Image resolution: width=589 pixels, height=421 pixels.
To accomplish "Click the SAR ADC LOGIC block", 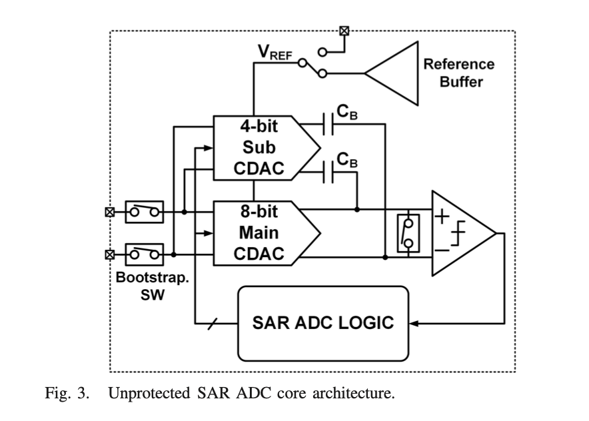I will pyautogui.click(x=322, y=323).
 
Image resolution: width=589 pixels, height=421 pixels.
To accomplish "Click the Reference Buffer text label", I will pyautogui.click(x=459, y=73).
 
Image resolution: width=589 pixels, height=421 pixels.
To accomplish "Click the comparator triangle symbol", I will pyautogui.click(x=460, y=232).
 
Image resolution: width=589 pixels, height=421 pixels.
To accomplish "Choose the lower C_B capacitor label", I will pyautogui.click(x=346, y=160).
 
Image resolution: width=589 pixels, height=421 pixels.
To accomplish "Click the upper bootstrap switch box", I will pyautogui.click(x=145, y=212).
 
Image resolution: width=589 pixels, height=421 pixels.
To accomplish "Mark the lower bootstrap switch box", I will pyautogui.click(x=145, y=254).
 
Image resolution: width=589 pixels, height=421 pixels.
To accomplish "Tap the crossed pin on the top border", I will pyautogui.click(x=344, y=30).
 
